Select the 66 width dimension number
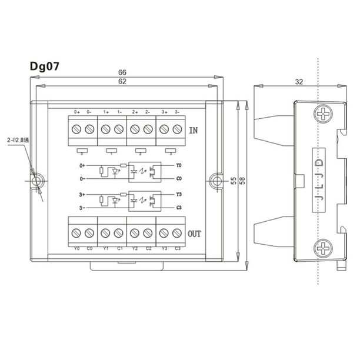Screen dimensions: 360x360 pyautogui.click(x=122, y=72)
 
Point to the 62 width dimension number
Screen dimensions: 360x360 pyautogui.click(x=122, y=83)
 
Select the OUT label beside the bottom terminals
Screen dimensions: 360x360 pyautogui.click(x=195, y=234)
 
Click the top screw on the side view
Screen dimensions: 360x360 pyautogui.click(x=324, y=114)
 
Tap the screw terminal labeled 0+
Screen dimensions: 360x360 pyautogui.click(x=76, y=129)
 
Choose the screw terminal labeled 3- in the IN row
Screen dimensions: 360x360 pyautogui.click(x=177, y=129)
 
